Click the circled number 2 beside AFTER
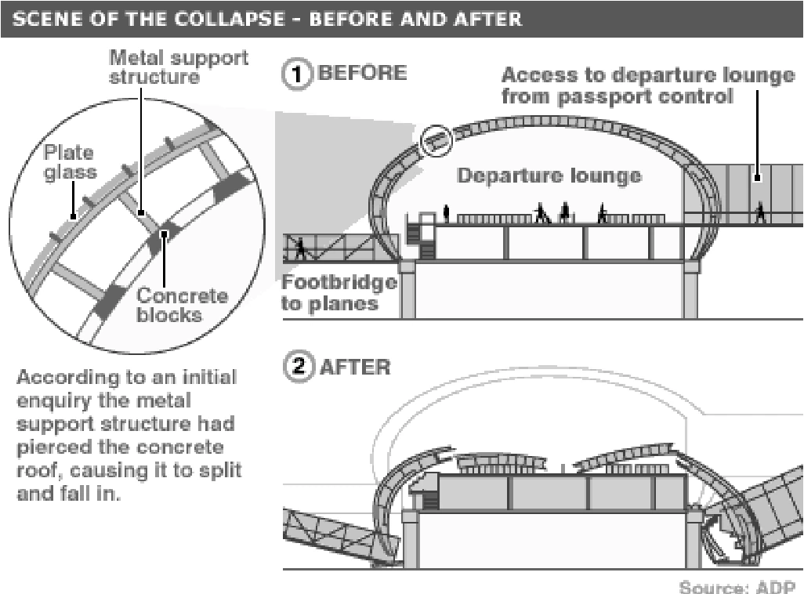(296, 366)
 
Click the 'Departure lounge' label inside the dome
(549, 175)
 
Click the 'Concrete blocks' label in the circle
(182, 306)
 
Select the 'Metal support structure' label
(178, 67)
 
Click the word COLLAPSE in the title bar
(217, 16)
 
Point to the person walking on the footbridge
(300, 248)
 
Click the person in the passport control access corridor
(759, 212)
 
